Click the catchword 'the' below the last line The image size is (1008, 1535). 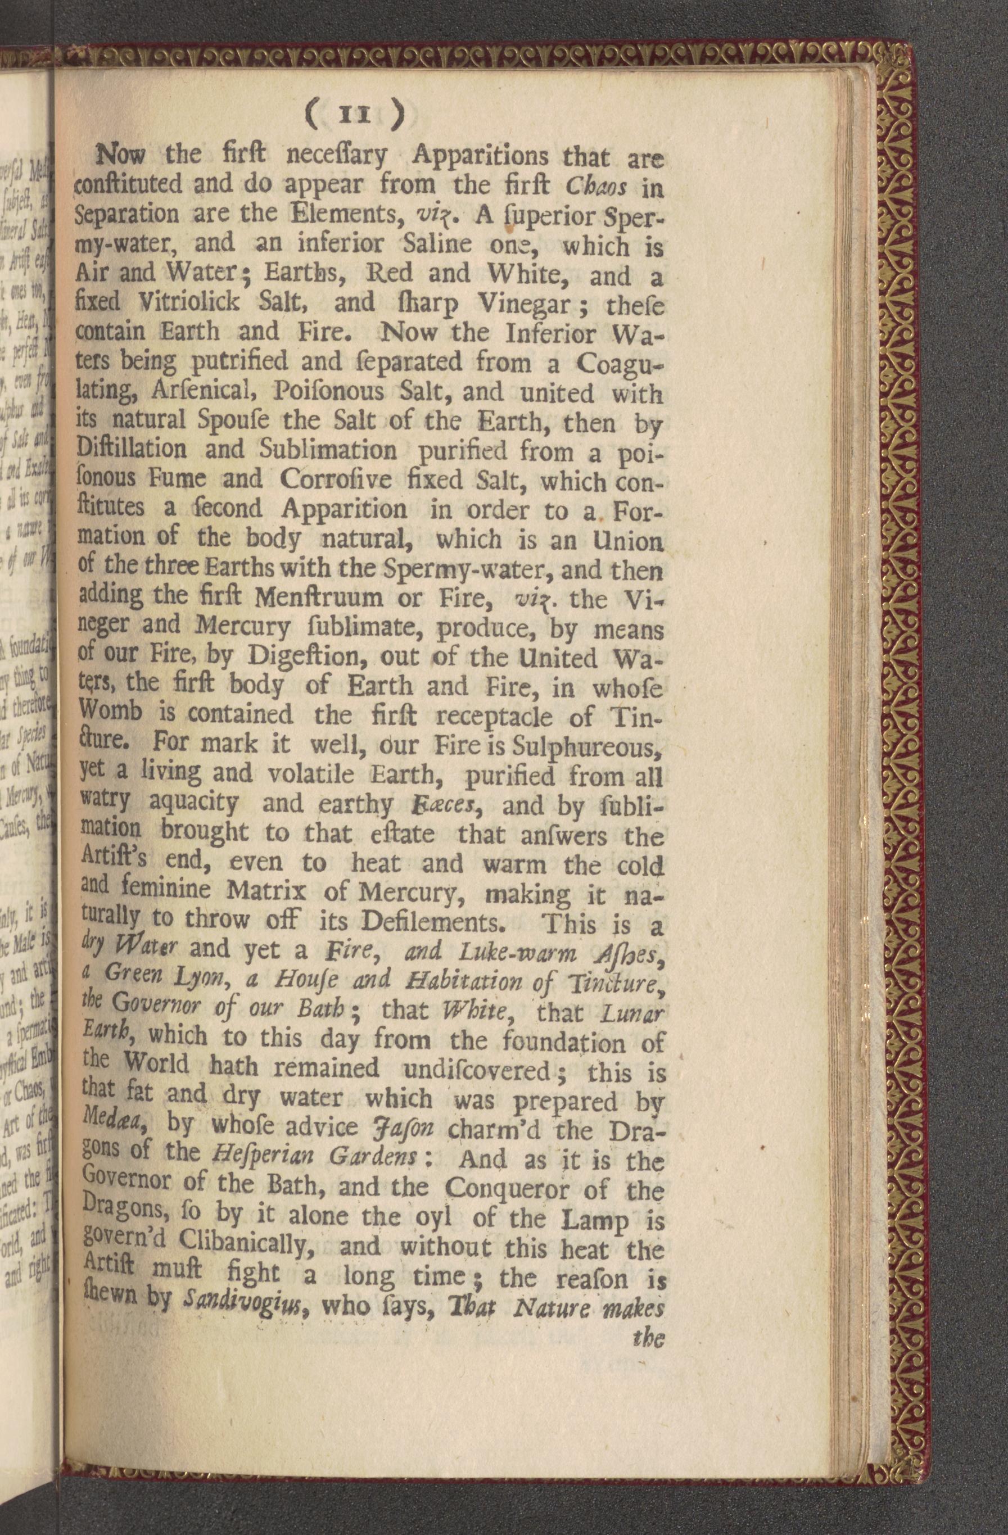tap(648, 1335)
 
